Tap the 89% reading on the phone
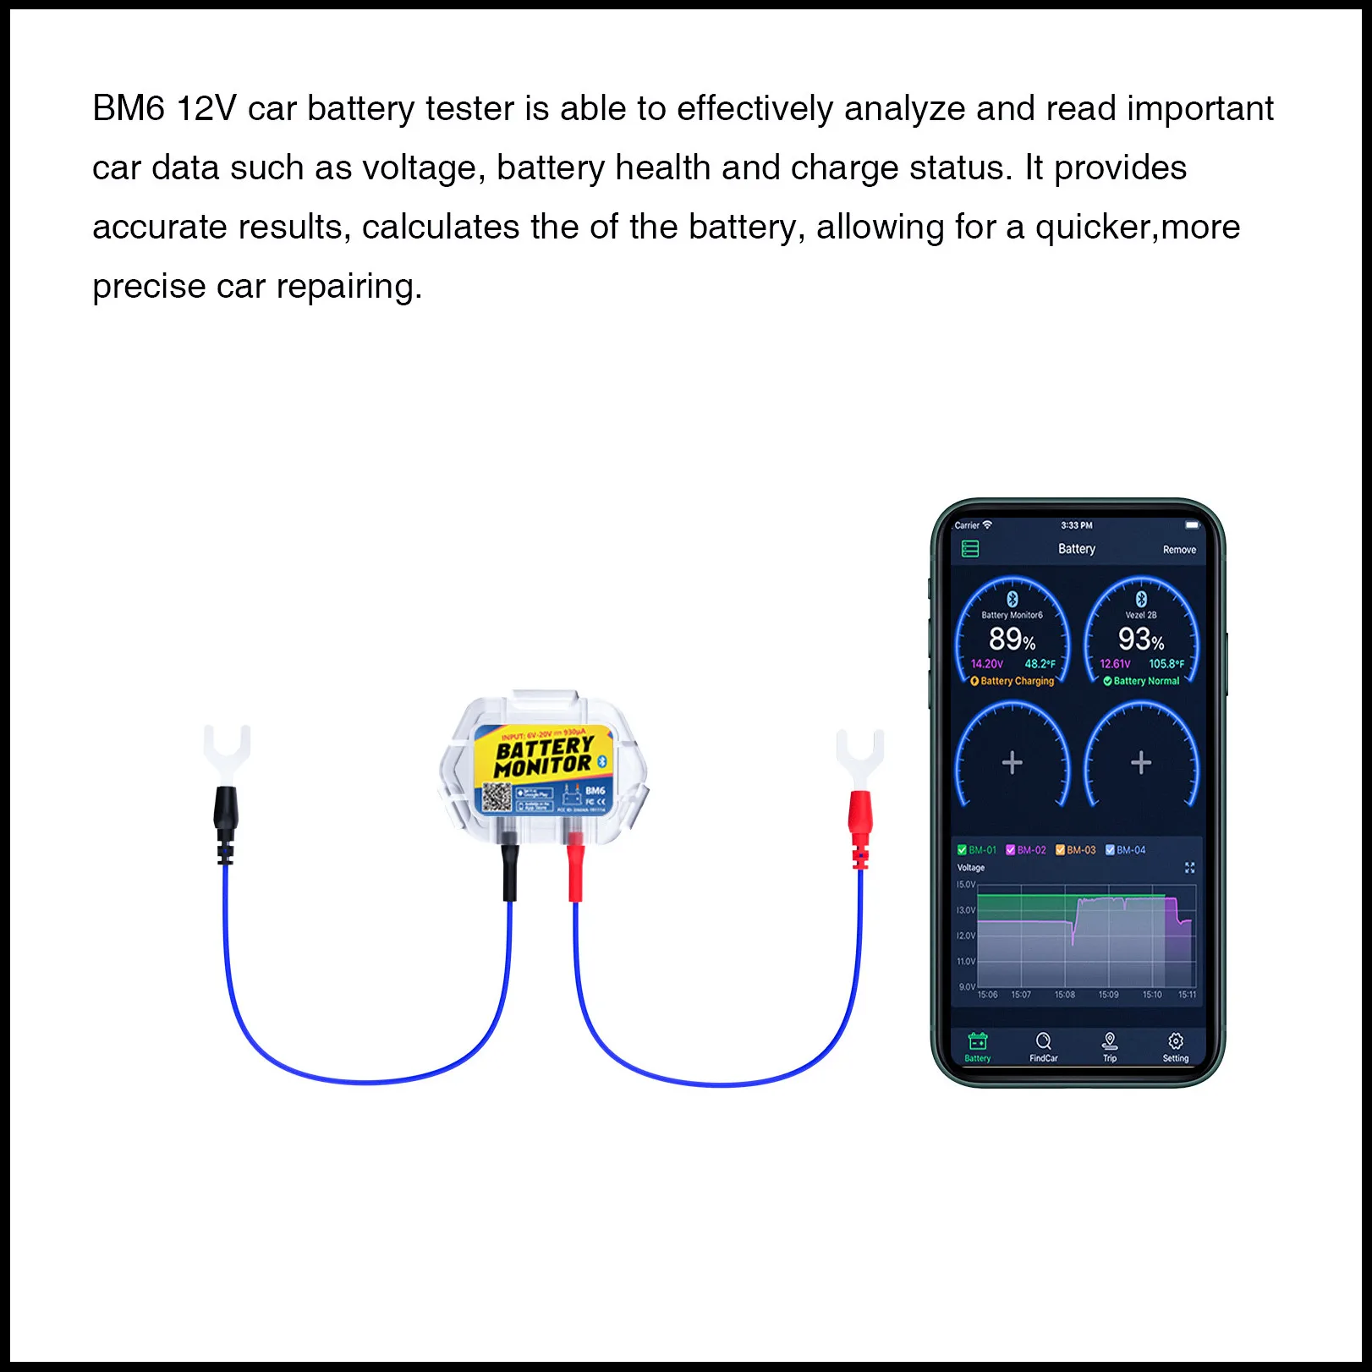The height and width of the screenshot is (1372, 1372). coord(1012,639)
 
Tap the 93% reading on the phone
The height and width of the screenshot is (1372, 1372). coord(1140,639)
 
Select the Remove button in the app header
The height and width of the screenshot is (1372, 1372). coord(1179,550)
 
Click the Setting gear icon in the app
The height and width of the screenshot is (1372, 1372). coord(1175,1041)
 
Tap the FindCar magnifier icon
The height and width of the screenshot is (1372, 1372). coord(1043,1041)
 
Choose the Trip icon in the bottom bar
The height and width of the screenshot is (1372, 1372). coord(1110,1041)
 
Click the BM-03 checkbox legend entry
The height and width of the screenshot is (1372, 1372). coord(1075,850)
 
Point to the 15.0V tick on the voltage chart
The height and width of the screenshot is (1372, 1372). coord(965,885)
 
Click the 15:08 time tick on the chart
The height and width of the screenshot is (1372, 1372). coord(1064,995)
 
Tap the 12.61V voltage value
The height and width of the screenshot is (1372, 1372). coord(1115,664)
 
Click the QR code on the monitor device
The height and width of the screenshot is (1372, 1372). coord(497,797)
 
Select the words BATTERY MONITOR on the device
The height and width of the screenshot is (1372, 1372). coord(545,756)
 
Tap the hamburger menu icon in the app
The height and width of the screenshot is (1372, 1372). coord(970,549)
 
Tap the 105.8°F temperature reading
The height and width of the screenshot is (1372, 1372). coord(1166,664)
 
